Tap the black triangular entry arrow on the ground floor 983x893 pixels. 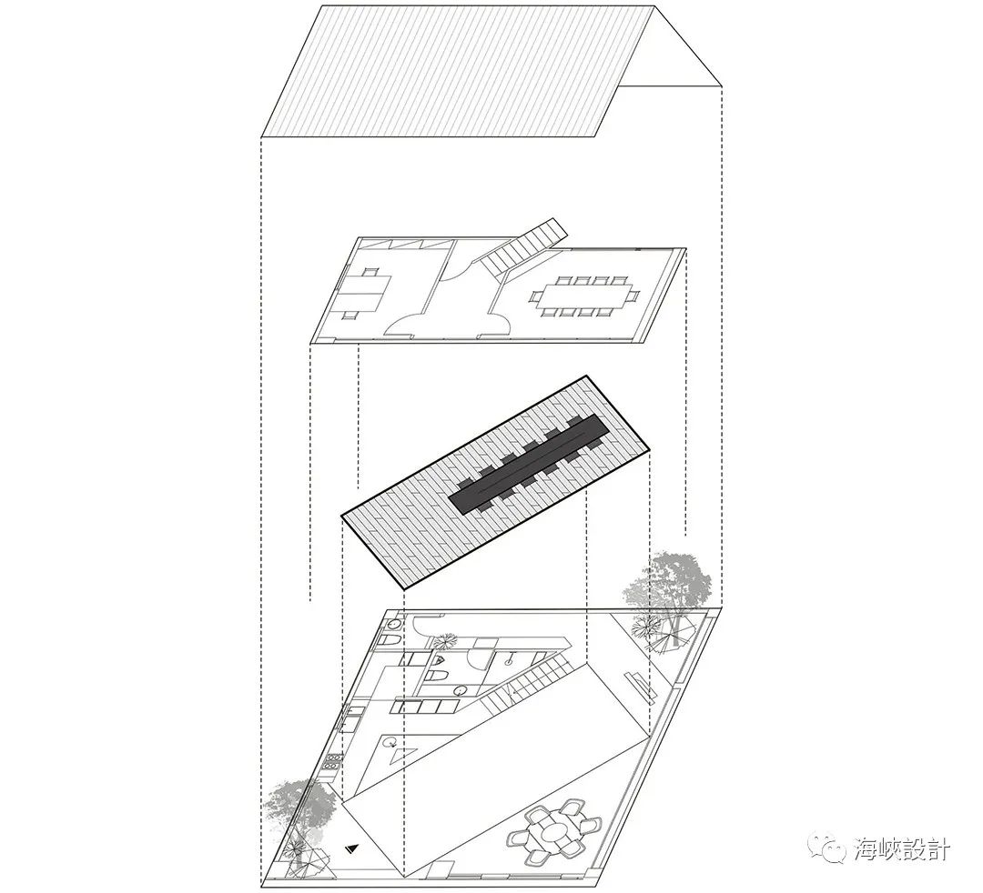click(353, 848)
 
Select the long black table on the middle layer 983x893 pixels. click(529, 465)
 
